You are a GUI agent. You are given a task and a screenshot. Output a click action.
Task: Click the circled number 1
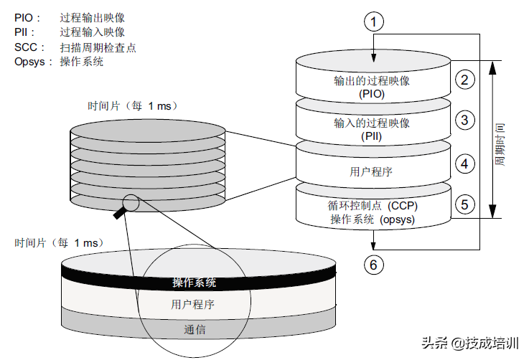[373, 22]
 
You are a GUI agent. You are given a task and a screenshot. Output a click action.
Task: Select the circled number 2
[465, 80]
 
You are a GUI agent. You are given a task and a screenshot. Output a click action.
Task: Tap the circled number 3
[465, 120]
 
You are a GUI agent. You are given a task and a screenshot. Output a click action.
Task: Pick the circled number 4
[465, 164]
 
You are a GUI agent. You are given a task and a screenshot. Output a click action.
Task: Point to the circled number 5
[465, 204]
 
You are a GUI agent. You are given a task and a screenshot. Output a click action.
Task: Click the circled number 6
[373, 265]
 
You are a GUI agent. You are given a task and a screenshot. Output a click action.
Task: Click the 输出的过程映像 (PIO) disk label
[372, 87]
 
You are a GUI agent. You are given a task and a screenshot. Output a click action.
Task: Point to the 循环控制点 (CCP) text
[372, 205]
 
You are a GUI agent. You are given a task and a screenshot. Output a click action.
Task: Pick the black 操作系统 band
[194, 283]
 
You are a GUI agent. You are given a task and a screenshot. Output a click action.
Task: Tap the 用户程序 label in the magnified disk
[192, 304]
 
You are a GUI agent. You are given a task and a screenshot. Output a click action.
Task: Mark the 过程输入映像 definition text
[93, 32]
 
